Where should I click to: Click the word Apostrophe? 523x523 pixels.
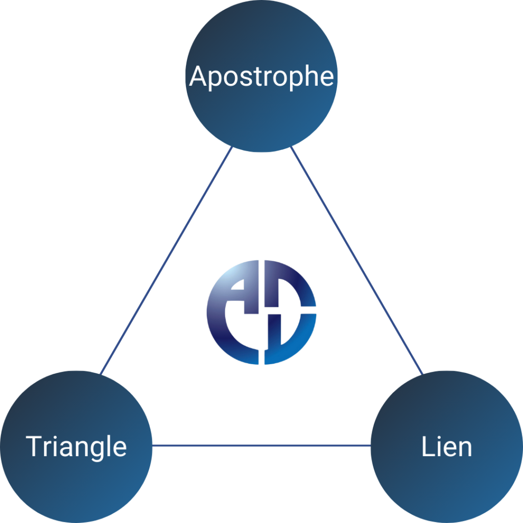click(261, 77)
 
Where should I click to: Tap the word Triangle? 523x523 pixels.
click(77, 446)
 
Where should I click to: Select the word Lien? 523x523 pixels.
click(446, 446)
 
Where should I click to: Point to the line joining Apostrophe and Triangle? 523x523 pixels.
click(167, 261)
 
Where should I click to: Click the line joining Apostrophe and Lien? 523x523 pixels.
click(356, 261)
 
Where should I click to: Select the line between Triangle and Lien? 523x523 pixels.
click(261, 446)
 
